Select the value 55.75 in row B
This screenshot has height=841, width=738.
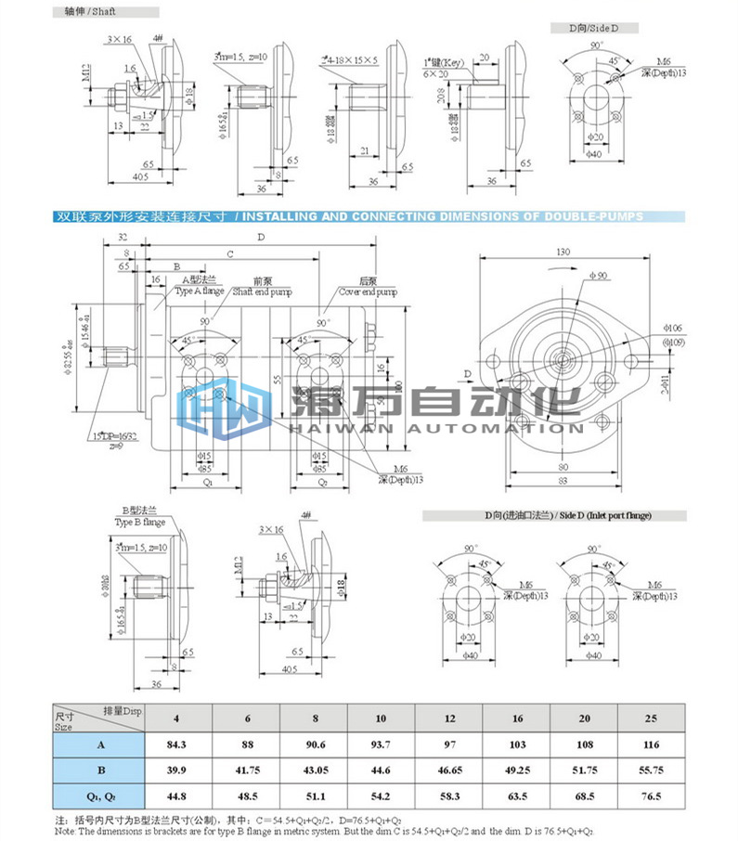click(x=651, y=770)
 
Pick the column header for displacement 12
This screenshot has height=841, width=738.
click(x=449, y=718)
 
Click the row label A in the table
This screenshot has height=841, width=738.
click(x=98, y=744)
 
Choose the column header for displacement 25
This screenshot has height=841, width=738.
click(x=651, y=718)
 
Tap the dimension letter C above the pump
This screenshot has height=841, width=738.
click(x=229, y=253)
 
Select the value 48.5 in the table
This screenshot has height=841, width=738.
click(x=247, y=797)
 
